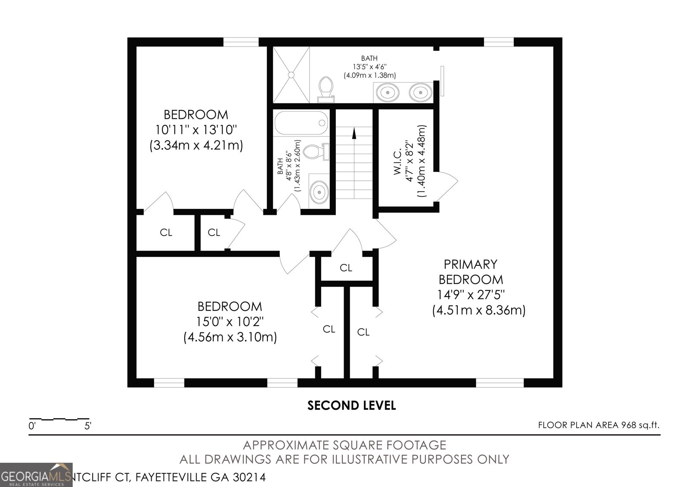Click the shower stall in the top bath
click(x=292, y=75)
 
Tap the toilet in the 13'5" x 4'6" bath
click(x=326, y=88)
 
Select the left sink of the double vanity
click(x=388, y=92)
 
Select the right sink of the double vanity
click(x=419, y=92)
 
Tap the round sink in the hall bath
click(x=319, y=191)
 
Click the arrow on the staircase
click(x=354, y=133)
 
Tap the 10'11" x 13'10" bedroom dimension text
click(x=196, y=130)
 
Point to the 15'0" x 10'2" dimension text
click(x=230, y=322)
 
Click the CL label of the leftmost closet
click(x=166, y=233)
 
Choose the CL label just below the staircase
click(x=346, y=268)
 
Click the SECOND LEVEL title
click(x=351, y=405)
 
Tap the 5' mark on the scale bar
click(x=88, y=426)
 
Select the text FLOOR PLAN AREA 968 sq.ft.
click(x=599, y=425)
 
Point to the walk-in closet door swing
click(x=448, y=185)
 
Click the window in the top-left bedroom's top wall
click(x=241, y=42)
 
